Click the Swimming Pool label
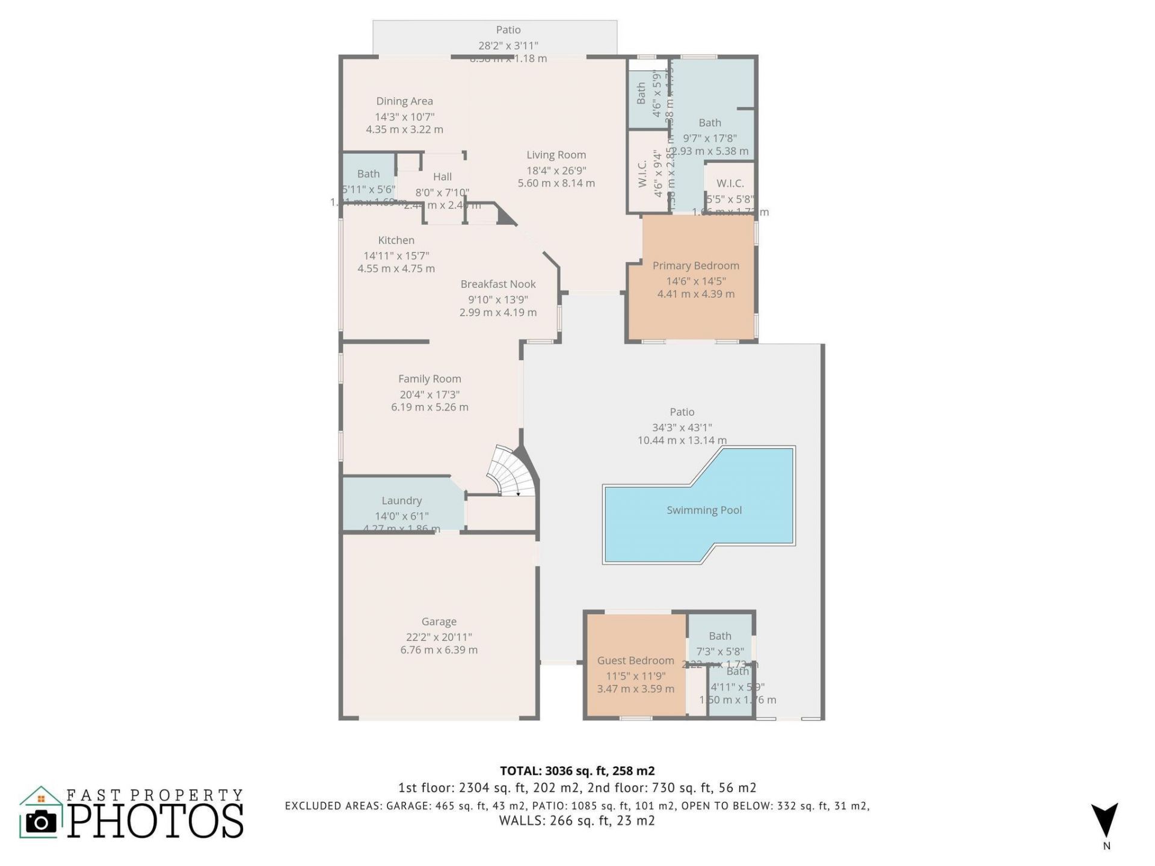click(704, 510)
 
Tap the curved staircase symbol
click(510, 473)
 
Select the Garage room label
click(439, 621)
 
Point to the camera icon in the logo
click(41, 821)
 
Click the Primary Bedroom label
click(695, 265)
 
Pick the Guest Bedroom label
click(635, 660)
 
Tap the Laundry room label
click(401, 500)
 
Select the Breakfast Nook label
click(497, 284)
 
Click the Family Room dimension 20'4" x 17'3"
click(430, 395)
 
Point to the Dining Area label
click(404, 101)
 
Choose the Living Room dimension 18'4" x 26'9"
click(556, 170)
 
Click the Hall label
click(442, 176)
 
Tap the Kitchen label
click(396, 240)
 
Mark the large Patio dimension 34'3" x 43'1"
click(682, 428)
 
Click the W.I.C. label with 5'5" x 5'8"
click(730, 183)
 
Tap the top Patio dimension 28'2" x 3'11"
click(508, 45)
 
